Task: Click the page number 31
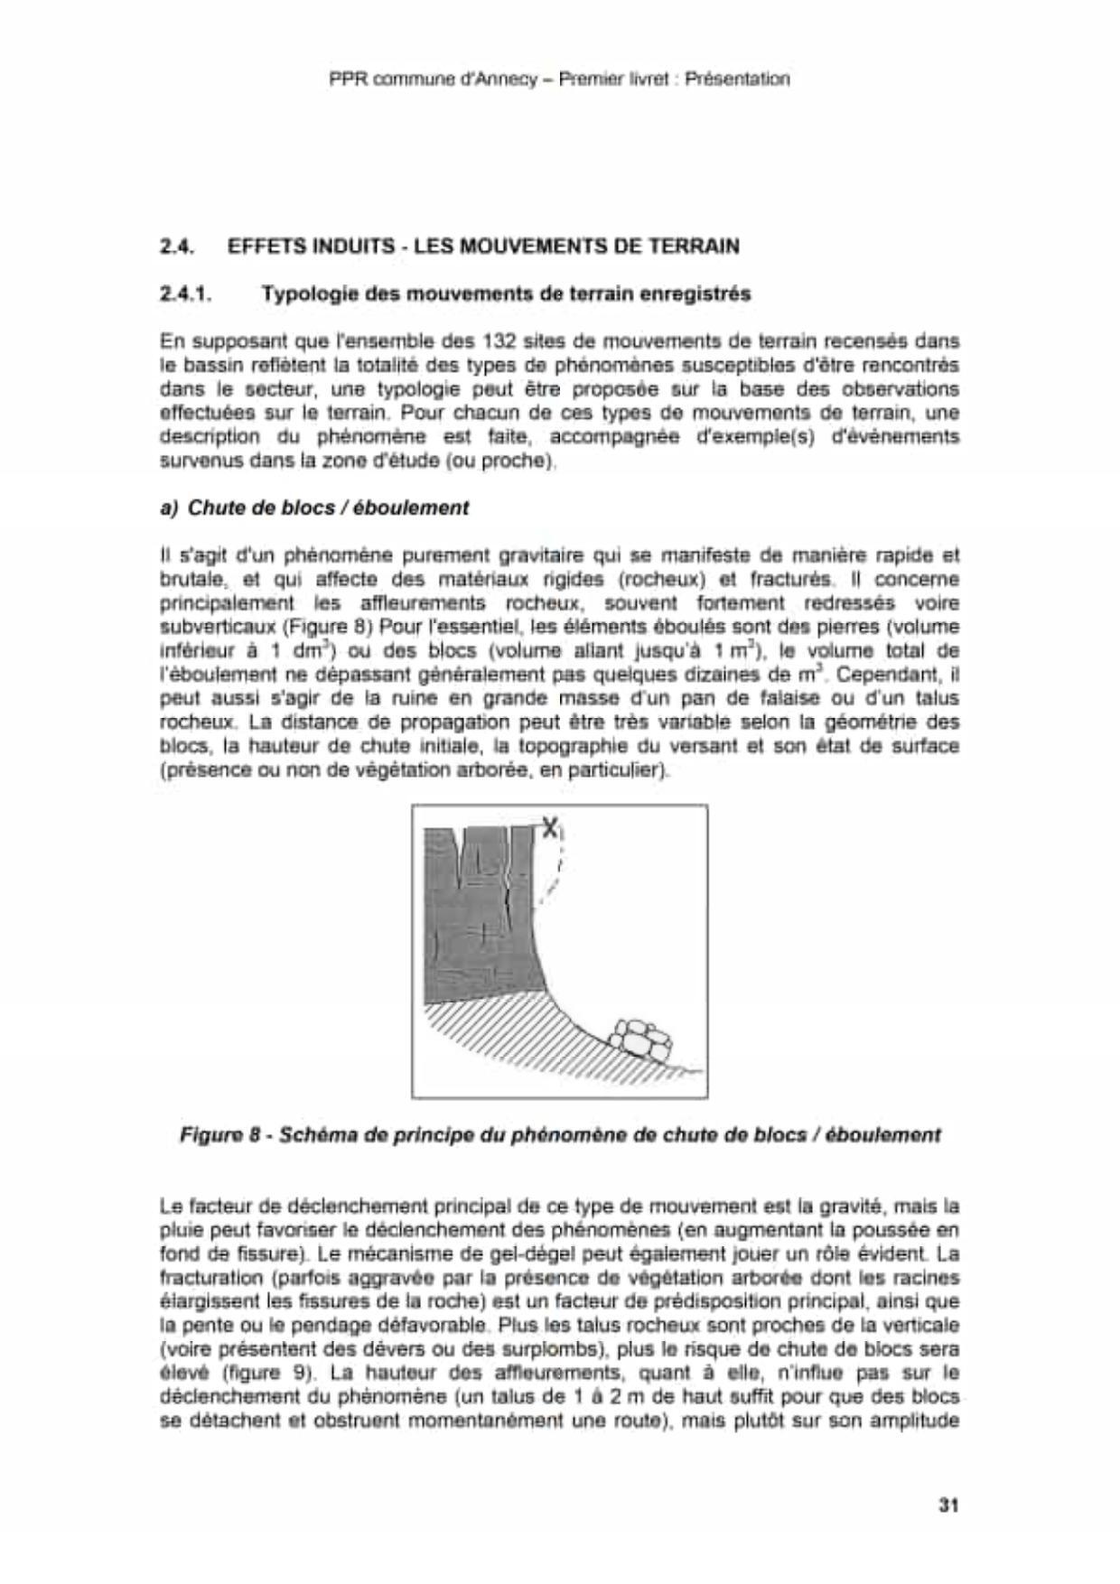pyautogui.click(x=947, y=1505)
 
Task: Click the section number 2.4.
pyautogui.click(x=178, y=246)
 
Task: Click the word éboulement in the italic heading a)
pyautogui.click(x=420, y=508)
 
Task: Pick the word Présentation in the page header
pyautogui.click(x=737, y=79)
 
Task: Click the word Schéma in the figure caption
pyautogui.click(x=320, y=1134)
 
